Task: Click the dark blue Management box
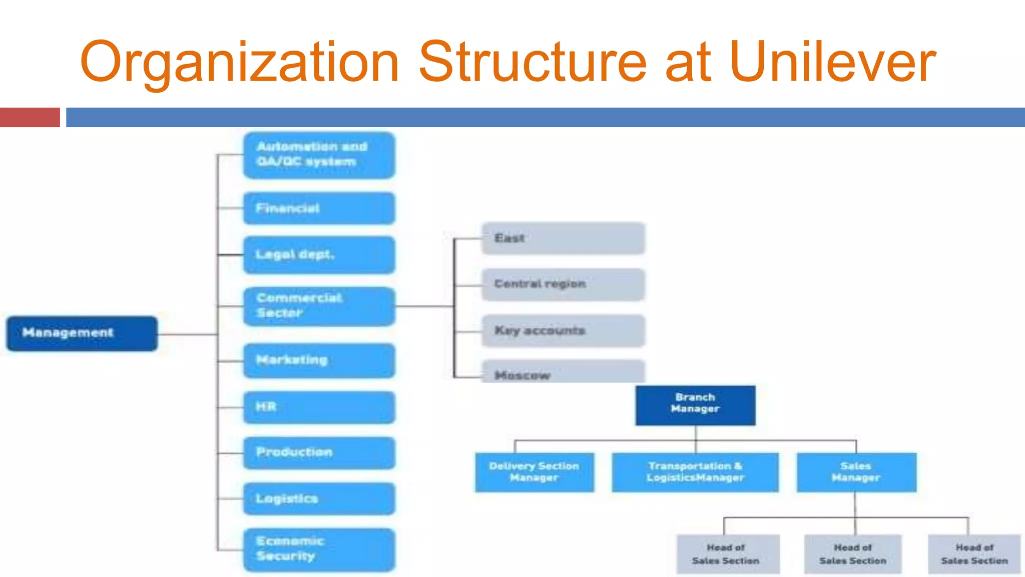click(x=82, y=333)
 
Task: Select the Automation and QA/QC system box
click(x=319, y=155)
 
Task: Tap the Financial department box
click(x=319, y=208)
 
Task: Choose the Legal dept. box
click(x=319, y=255)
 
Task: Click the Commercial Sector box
click(x=319, y=306)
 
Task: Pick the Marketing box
click(x=319, y=361)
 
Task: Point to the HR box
click(x=319, y=407)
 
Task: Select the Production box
click(x=319, y=453)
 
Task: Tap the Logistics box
click(x=319, y=499)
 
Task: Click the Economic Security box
click(x=319, y=549)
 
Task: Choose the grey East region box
click(x=563, y=238)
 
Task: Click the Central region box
click(x=563, y=284)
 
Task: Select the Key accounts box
click(x=563, y=331)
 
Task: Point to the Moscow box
click(x=563, y=372)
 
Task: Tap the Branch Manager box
click(x=695, y=405)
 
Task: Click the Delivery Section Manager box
click(x=535, y=472)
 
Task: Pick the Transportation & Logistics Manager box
click(x=695, y=472)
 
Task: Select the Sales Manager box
click(x=856, y=472)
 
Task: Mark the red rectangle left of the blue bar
click(x=30, y=117)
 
